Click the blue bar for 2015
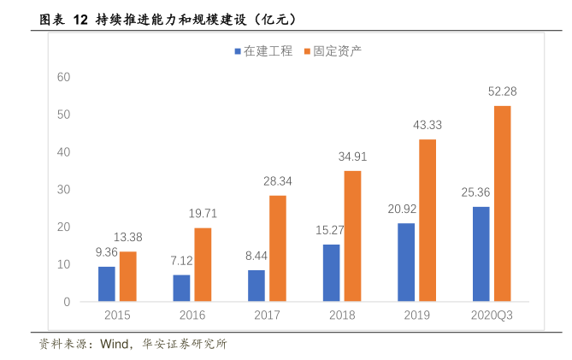point(107,284)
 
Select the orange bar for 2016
point(203,264)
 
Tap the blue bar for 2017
point(257,286)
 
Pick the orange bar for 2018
point(352,236)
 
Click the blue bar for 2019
point(406,262)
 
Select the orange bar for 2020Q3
point(503,204)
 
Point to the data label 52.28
point(503,91)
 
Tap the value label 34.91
point(352,156)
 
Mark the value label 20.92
point(406,209)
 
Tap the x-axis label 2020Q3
point(492,316)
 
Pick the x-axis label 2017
point(267,316)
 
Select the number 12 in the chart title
point(80,18)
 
